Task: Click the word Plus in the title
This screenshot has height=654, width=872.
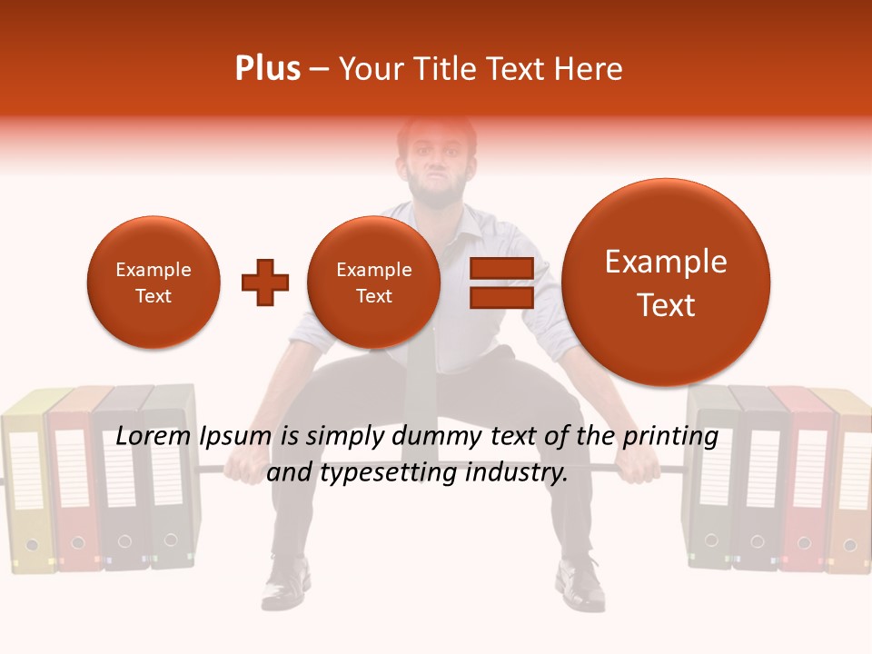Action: [x=267, y=69]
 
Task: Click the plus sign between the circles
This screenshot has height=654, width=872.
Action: [x=264, y=282]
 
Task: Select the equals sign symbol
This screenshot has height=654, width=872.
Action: [x=501, y=282]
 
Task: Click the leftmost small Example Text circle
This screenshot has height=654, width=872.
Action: [x=154, y=282]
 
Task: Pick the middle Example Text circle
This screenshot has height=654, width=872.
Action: [x=373, y=282]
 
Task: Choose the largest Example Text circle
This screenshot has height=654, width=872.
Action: [x=666, y=282]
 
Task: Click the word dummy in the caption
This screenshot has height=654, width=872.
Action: [x=436, y=437]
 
